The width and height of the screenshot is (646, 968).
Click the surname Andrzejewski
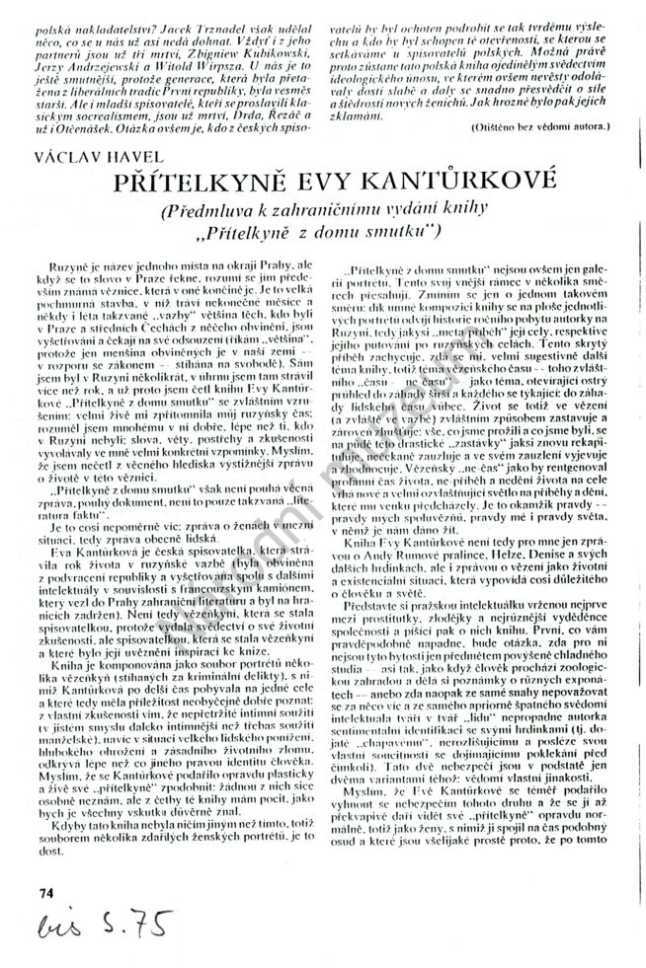coord(81,59)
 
